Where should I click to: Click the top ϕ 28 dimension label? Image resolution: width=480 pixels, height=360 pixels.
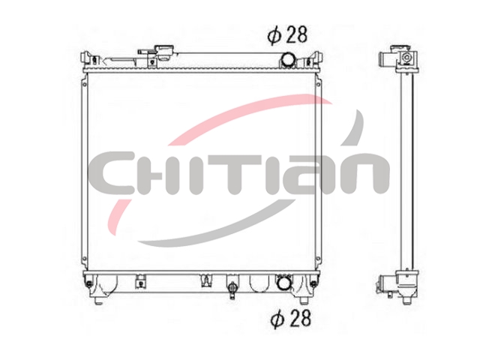(287, 35)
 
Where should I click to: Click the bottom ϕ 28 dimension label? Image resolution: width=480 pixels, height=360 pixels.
(291, 318)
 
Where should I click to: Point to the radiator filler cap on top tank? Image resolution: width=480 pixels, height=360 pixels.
(164, 52)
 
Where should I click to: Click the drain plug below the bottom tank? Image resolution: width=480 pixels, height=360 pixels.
(232, 289)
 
